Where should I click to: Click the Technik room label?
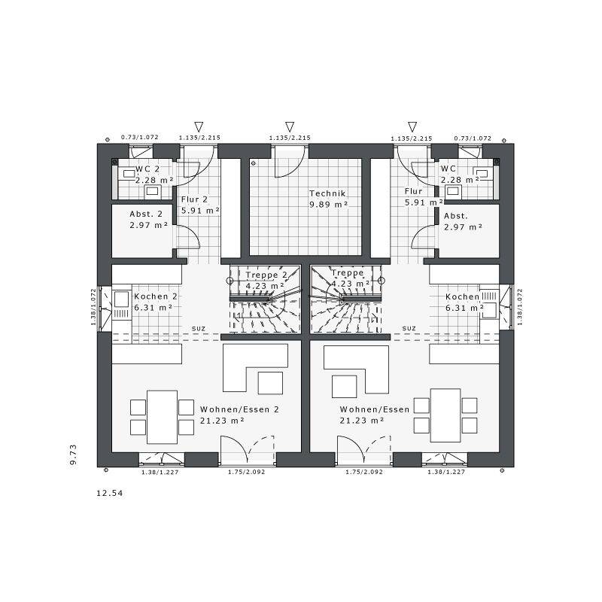click(327, 193)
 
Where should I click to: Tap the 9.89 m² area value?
click(329, 205)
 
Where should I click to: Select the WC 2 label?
click(147, 169)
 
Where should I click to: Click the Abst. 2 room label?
click(146, 214)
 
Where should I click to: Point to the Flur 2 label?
click(194, 199)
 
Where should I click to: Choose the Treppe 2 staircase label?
click(266, 275)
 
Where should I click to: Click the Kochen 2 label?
click(156, 296)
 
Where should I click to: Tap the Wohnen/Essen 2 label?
click(239, 409)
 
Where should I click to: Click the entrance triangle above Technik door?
click(290, 126)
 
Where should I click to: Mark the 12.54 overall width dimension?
click(109, 493)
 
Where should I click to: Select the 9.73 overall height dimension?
click(73, 455)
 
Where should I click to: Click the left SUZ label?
click(199, 329)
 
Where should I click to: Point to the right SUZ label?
click(409, 328)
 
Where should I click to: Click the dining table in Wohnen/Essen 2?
click(163, 417)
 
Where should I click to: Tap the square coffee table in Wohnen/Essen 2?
click(270, 383)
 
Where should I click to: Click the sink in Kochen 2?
click(121, 299)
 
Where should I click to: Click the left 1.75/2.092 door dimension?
click(247, 472)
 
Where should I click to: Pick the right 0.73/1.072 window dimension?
click(473, 138)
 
